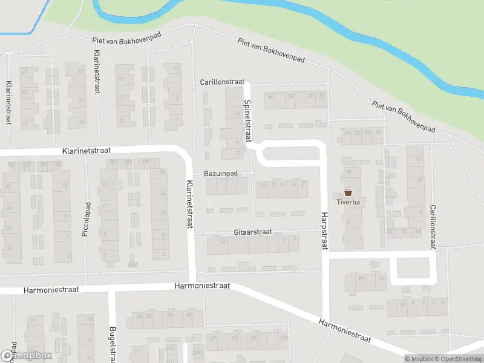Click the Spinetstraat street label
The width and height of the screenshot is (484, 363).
[247, 121]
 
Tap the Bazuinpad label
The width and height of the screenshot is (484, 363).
[221, 174]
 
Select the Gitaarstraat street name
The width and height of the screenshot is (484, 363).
[253, 232]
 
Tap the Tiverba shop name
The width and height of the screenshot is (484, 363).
[347, 202]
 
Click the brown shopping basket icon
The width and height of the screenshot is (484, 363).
[347, 192]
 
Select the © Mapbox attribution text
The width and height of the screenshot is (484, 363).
[419, 359]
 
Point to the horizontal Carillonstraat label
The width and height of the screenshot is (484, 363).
[222, 81]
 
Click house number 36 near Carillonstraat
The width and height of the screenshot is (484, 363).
[270, 96]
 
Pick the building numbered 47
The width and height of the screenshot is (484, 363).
[25, 71]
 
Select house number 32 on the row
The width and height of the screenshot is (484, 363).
[291, 96]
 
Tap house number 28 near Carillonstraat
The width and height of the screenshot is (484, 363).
[310, 96]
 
